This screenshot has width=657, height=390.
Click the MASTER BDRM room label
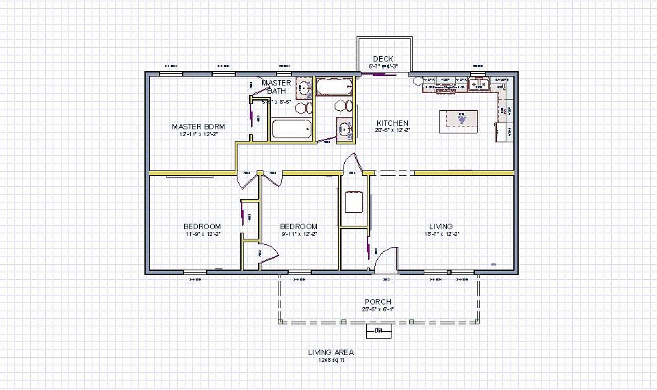pyautogui.click(x=198, y=127)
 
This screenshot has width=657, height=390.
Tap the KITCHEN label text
pyautogui.click(x=392, y=123)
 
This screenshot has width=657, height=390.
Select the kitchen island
pyautogui.click(x=463, y=118)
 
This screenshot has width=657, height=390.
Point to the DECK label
pyautogui.click(x=383, y=59)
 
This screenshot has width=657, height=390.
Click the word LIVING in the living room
pyautogui.click(x=441, y=226)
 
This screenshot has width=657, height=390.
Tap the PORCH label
pyautogui.click(x=378, y=302)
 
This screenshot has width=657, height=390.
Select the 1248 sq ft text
pyautogui.click(x=330, y=360)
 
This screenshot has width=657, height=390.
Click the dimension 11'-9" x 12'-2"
pyautogui.click(x=202, y=234)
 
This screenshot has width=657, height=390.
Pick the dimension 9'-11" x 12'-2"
pyautogui.click(x=298, y=234)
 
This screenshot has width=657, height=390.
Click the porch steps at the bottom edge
pyautogui.click(x=378, y=331)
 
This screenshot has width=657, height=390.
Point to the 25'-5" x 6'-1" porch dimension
pyautogui.click(x=378, y=309)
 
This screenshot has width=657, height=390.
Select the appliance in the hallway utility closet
pyautogui.click(x=355, y=204)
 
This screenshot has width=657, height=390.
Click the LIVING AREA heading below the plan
pyautogui.click(x=330, y=352)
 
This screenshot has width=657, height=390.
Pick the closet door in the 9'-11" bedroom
pyautogui.click(x=267, y=253)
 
